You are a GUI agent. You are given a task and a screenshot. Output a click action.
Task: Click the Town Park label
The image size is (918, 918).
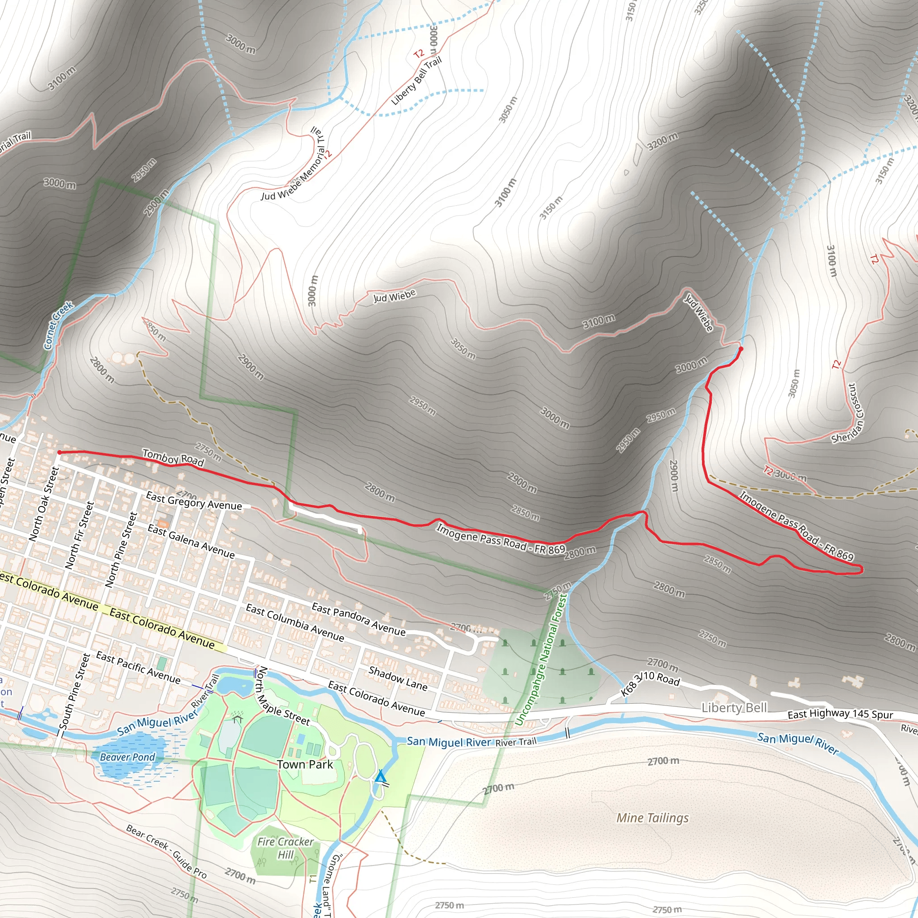[x=304, y=765]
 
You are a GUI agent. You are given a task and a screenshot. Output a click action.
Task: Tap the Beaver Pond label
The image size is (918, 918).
[x=127, y=757]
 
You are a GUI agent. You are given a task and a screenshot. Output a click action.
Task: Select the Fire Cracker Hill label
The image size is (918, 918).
[x=285, y=848]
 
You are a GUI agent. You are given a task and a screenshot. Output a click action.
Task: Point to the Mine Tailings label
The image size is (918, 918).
[x=652, y=818]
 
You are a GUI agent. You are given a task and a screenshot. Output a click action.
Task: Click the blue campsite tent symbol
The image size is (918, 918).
[x=380, y=776]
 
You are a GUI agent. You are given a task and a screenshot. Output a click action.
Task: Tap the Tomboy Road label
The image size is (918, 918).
[x=173, y=458]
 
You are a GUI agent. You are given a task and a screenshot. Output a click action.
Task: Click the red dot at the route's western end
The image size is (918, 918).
[x=60, y=452]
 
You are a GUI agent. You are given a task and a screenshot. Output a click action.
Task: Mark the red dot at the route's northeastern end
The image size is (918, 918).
[x=741, y=349]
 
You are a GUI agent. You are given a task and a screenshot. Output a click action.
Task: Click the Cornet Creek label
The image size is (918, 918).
[x=58, y=325]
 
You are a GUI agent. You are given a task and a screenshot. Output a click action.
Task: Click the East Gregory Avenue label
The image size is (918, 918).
[x=194, y=501]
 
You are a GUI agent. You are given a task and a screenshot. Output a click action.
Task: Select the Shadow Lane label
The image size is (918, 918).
[x=398, y=678]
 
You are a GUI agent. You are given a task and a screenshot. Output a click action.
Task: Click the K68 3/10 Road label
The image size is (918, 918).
[x=650, y=683]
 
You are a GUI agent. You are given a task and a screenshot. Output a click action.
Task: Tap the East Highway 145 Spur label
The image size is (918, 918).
[x=840, y=714]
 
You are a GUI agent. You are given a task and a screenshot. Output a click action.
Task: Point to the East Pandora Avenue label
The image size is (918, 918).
[x=359, y=619]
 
